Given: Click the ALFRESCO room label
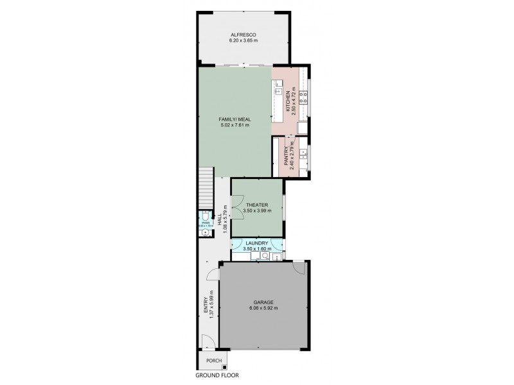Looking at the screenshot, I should pos(243,35).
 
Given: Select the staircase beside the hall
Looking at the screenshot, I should pos(206,183).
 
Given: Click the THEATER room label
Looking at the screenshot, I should pos(256,205).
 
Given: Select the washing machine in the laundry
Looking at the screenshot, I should pos(263,256).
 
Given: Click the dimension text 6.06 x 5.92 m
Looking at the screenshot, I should pos(263,308).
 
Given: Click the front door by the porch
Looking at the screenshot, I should pos(206,341).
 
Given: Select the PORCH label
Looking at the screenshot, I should pos(205,361).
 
